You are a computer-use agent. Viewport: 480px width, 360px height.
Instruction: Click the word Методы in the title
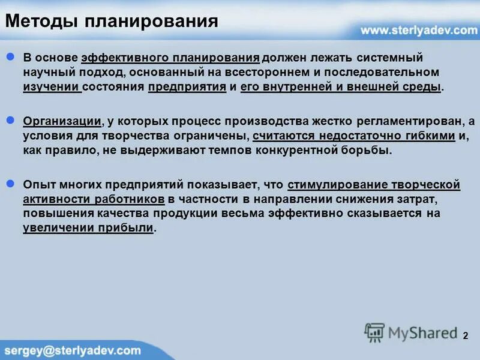[x=40, y=23]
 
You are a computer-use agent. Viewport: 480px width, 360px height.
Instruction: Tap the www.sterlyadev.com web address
[x=418, y=30]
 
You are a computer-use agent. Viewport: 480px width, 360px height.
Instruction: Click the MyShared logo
[x=409, y=332]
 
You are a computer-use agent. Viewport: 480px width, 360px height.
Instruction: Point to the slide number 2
[x=465, y=335]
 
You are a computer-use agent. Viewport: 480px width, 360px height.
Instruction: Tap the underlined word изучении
[x=52, y=87]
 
